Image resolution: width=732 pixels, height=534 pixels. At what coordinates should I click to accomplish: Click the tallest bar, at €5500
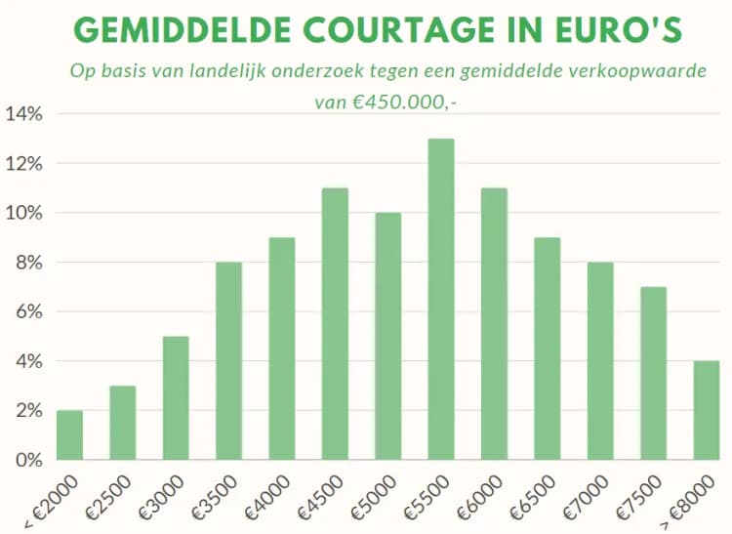(x=440, y=299)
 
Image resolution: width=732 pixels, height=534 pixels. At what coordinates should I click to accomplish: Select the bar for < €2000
(x=69, y=434)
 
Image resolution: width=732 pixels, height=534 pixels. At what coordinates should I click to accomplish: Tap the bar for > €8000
(x=706, y=410)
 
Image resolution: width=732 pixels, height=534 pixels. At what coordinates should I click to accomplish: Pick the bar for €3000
(x=176, y=397)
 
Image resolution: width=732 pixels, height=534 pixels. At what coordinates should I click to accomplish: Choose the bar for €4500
(x=335, y=323)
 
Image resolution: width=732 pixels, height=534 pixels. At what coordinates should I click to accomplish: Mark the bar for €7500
(x=653, y=373)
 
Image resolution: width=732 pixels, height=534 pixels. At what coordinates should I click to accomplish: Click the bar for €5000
(x=387, y=336)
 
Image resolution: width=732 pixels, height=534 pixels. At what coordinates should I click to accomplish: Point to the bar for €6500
(x=547, y=349)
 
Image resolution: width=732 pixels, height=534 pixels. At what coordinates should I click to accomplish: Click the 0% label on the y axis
(x=28, y=460)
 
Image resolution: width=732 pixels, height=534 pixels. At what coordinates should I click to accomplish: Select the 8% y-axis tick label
(x=28, y=263)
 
